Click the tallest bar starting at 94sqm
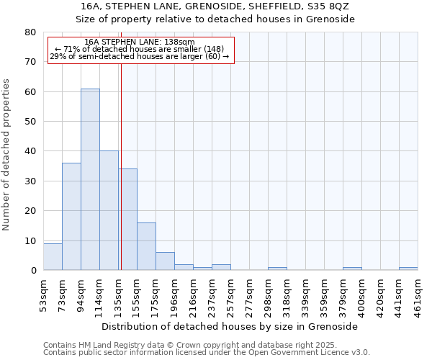tap(90, 179)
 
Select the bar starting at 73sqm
tap(71, 216)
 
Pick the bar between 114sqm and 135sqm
tap(109, 210)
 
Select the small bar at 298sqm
tap(277, 269)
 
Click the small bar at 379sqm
tap(352, 269)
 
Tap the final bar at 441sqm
tap(408, 269)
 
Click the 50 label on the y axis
tap(30, 122)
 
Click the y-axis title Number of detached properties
tap(6, 151)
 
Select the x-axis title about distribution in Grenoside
tap(230, 326)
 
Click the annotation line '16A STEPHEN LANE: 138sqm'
tap(140, 42)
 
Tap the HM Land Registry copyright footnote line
tap(194, 345)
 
